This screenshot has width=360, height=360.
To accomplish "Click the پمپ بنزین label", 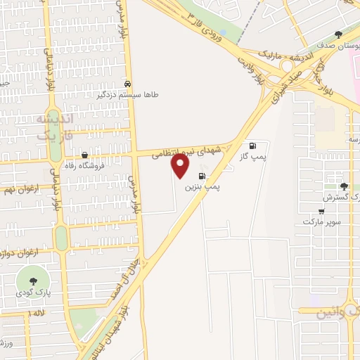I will click(198, 188).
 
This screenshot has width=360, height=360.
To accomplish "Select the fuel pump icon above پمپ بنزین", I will click(202, 176).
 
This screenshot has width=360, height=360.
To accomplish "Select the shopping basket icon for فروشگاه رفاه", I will click(85, 155).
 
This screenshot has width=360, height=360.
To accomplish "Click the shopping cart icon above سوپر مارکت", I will click(321, 211).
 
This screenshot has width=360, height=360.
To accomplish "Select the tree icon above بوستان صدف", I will click(338, 34).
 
